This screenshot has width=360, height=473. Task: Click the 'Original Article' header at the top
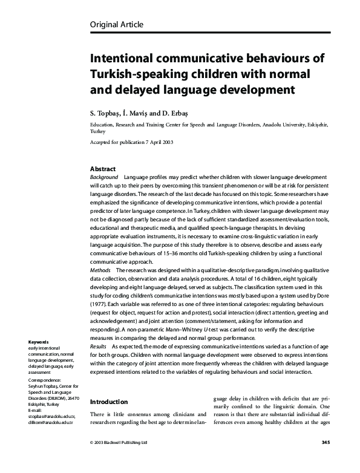click(117, 24)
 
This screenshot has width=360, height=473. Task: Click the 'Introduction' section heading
click(108, 401)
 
